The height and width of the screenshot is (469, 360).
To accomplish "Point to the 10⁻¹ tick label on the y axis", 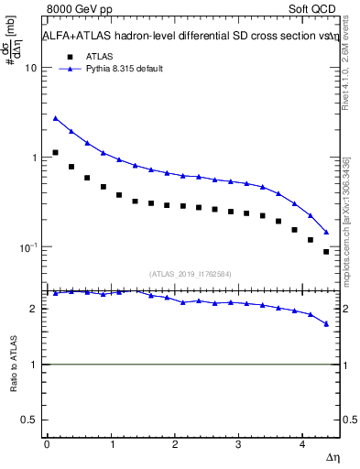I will (27, 247).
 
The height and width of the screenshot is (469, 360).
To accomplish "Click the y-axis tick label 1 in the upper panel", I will (34, 158).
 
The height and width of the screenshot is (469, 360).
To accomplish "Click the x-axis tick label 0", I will (46, 443).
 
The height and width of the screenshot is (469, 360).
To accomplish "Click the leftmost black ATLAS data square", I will (55, 153).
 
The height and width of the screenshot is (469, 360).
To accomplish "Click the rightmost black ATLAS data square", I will (326, 252).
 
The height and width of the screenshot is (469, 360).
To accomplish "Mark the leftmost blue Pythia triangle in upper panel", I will (55, 118).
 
